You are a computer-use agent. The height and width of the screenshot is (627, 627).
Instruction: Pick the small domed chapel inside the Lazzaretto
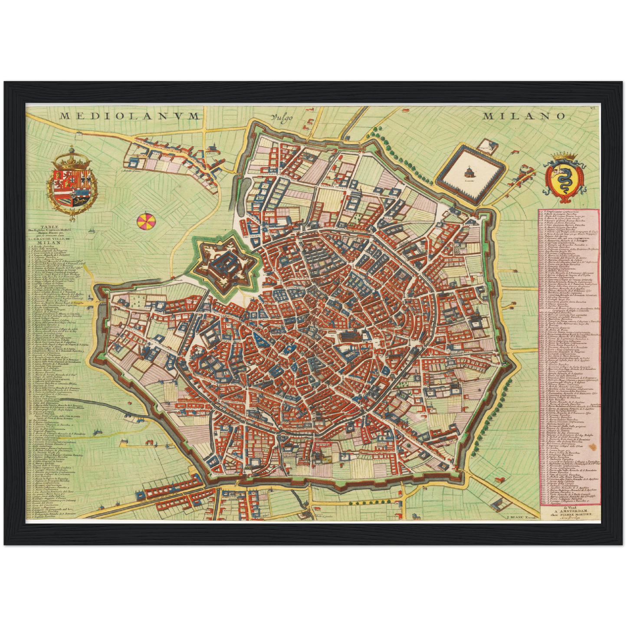pos(468,172)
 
